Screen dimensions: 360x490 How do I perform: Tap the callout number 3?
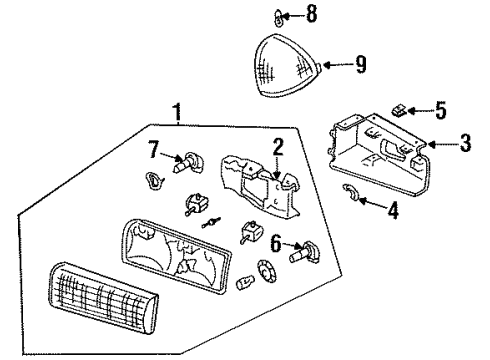point(465,143)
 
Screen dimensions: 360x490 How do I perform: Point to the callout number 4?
point(391,211)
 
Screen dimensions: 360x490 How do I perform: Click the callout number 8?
point(283,14)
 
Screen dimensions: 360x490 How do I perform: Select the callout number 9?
point(360,65)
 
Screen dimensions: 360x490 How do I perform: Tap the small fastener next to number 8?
point(254,15)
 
